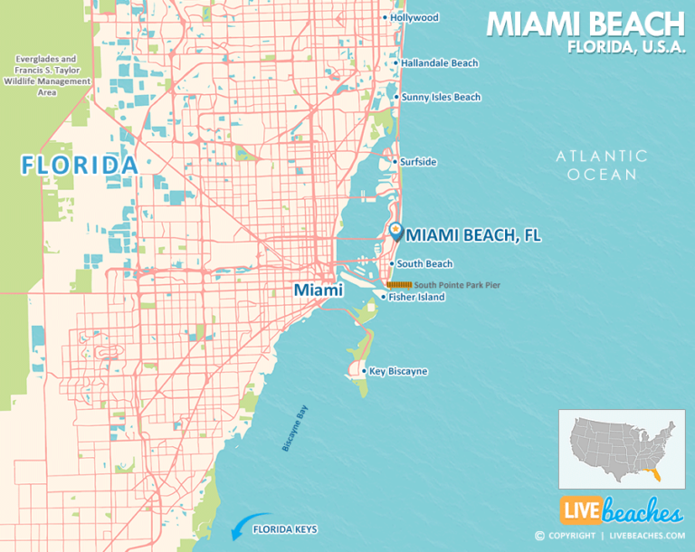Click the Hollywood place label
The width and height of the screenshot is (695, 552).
pos(414,17)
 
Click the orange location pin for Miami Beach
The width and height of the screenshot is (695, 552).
pos(396,231)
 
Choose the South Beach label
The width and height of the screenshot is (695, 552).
pos(424,263)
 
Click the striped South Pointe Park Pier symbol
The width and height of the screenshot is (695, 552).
pos(399,284)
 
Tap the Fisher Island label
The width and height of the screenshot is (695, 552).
pos(416,297)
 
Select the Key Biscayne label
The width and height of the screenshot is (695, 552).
pos(398,371)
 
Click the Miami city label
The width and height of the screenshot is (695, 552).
pos(317,290)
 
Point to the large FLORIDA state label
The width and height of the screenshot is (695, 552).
pos(80,165)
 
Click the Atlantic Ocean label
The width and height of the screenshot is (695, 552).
pos(602,165)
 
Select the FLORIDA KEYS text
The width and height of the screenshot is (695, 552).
pos(284,528)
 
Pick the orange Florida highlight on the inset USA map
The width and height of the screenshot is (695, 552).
pos(655,470)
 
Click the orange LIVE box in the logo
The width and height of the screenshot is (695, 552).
pos(579,513)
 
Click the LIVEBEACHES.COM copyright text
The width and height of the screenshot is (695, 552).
pos(644,535)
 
